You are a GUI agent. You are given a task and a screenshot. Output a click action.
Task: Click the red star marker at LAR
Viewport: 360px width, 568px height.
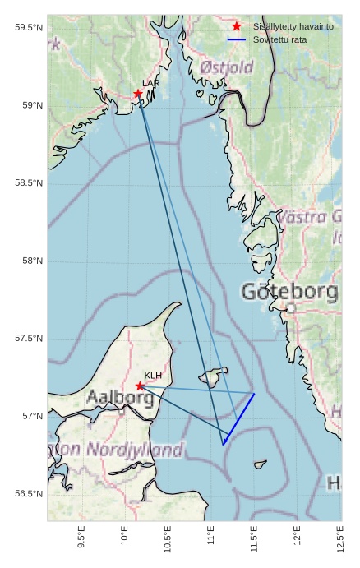click(x=138, y=94)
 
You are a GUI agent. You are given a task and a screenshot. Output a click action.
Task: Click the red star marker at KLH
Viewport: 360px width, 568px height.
click(x=140, y=386)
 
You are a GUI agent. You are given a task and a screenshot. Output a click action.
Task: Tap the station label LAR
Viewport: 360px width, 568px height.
click(x=150, y=83)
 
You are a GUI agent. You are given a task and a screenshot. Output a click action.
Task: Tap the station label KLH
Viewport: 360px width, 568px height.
click(x=153, y=375)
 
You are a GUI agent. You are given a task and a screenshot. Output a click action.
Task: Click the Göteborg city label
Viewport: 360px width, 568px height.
click(x=289, y=291)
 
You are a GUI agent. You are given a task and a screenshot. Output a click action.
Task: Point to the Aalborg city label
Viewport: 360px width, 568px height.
click(x=120, y=399)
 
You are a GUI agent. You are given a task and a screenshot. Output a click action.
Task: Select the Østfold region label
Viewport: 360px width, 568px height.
click(x=227, y=67)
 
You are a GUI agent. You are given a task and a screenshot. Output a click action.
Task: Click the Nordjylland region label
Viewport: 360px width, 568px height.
click(x=132, y=450)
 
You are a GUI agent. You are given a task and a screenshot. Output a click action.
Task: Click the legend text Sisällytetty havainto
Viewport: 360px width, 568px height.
click(x=293, y=26)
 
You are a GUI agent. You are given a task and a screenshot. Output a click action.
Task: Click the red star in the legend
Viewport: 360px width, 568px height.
click(x=237, y=26)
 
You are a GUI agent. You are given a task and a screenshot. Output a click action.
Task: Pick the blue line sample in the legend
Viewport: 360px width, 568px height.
click(x=237, y=39)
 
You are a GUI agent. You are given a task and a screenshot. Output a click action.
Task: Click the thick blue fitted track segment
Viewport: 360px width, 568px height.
click(x=238, y=419)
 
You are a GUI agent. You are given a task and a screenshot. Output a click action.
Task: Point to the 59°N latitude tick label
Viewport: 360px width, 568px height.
click(x=28, y=105)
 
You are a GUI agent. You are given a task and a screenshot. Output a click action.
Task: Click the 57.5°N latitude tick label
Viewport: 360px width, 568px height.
click(x=28, y=339)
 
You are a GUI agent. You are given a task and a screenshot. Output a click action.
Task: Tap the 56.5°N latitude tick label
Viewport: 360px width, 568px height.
click(x=28, y=494)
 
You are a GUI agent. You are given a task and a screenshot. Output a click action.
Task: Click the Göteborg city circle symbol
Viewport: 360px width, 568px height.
click(x=290, y=308)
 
